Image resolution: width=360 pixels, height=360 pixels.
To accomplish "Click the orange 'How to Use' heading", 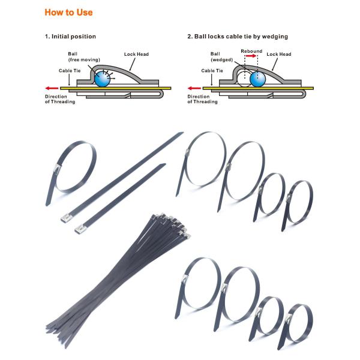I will tap(68, 12).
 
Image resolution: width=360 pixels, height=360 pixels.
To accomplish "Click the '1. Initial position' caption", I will tap(70, 37).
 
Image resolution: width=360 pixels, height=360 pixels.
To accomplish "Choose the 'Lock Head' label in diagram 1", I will tap(136, 54).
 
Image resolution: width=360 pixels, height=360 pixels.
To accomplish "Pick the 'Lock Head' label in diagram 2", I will tap(279, 54).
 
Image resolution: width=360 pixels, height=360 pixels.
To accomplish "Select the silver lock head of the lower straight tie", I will tap(80, 228).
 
